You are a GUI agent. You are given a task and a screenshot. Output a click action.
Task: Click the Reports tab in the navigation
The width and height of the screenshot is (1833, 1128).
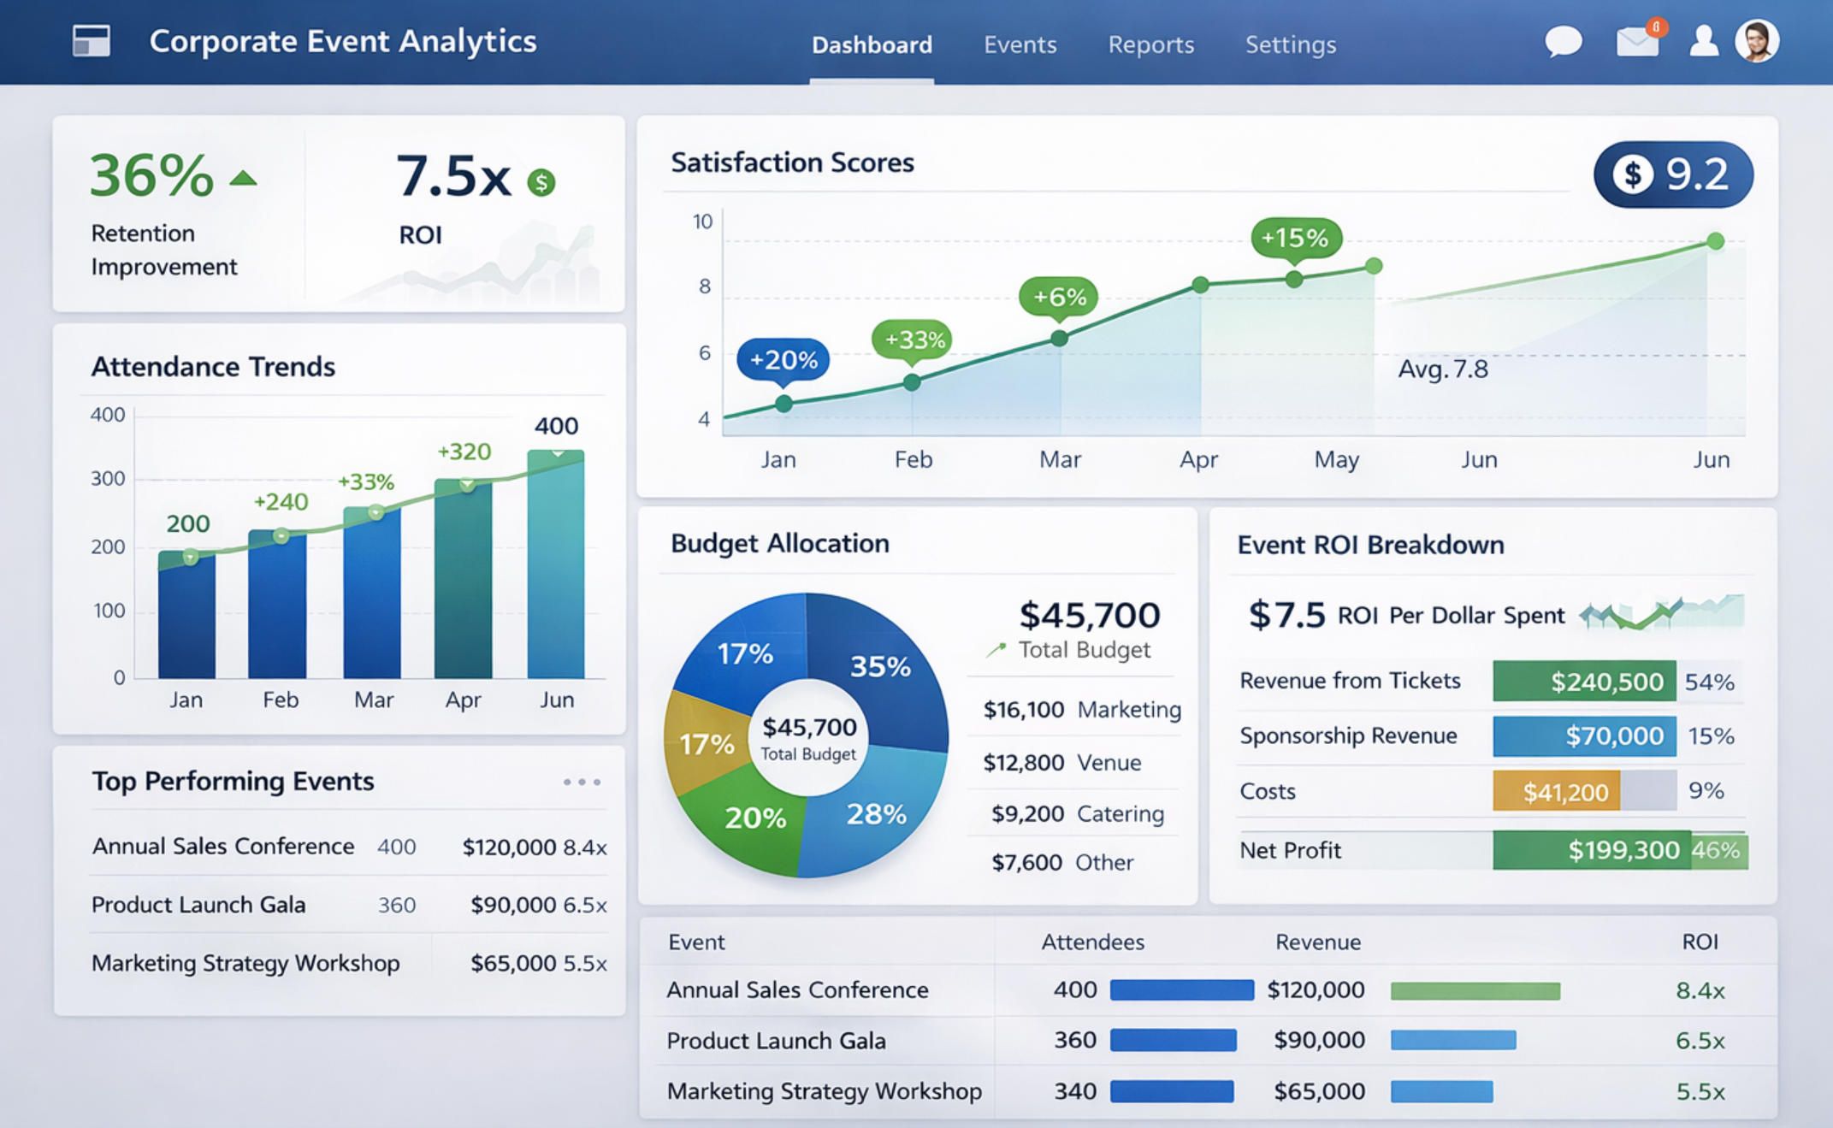tap(1150, 44)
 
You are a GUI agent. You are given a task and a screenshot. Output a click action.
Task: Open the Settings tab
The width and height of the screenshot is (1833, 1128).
tap(1290, 44)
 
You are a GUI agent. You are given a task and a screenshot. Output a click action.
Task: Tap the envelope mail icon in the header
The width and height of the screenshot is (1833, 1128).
tap(1636, 42)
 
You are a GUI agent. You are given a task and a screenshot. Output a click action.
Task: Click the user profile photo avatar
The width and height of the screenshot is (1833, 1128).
tap(1756, 41)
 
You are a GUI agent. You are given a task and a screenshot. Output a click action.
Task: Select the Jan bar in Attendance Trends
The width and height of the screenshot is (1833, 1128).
tap(186, 616)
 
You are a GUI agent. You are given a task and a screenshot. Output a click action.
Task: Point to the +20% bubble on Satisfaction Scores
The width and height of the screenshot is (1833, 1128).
tap(783, 359)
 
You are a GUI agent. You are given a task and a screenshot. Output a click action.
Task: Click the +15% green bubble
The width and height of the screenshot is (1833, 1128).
tap(1295, 237)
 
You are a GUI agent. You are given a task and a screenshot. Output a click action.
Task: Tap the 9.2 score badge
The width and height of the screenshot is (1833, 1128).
tap(1672, 174)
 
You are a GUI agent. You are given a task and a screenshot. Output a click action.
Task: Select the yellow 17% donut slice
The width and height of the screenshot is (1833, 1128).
tap(706, 742)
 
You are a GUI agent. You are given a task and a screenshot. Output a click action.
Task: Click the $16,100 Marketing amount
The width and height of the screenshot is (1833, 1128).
tap(1024, 710)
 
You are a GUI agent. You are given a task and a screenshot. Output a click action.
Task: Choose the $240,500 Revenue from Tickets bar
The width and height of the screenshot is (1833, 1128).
tap(1584, 682)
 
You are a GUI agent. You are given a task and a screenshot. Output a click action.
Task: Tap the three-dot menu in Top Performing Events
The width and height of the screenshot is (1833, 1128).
tap(582, 782)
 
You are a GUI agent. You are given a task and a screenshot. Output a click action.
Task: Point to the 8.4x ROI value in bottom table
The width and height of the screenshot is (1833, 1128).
tap(1700, 990)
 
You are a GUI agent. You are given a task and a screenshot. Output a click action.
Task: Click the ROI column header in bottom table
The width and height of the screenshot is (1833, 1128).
tap(1700, 942)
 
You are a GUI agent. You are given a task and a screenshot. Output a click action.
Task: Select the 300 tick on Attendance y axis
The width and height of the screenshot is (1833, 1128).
tap(108, 479)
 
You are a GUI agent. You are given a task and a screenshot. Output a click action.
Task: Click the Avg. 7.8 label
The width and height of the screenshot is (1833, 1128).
tap(1443, 369)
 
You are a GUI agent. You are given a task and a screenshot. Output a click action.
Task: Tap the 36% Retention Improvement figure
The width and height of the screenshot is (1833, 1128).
tap(152, 175)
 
